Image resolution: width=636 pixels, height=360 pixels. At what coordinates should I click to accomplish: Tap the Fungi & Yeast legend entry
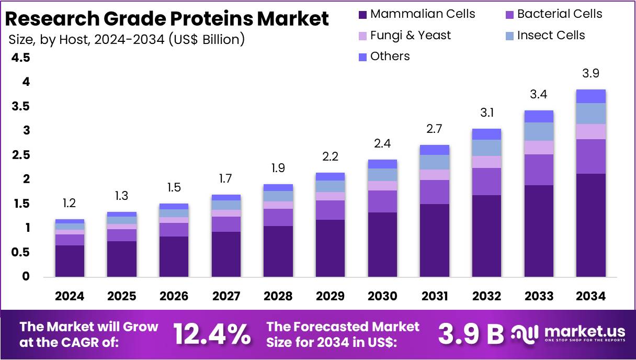[410, 36]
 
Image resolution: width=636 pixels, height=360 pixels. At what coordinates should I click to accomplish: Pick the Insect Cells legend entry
[551, 36]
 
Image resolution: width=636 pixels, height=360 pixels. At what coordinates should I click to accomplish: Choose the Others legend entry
[390, 57]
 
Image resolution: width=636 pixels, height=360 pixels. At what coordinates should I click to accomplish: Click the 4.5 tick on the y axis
[20, 58]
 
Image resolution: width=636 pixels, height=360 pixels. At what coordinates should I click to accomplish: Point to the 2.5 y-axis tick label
[20, 155]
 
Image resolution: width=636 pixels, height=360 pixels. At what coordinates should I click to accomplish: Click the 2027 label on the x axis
[226, 296]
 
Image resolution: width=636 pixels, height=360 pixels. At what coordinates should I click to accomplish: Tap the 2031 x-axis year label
[435, 296]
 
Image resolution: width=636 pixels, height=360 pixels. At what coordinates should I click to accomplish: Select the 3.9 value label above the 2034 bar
[590, 74]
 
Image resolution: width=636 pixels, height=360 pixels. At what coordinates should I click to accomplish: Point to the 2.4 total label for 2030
[382, 143]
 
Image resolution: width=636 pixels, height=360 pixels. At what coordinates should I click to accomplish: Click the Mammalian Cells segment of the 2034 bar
[590, 225]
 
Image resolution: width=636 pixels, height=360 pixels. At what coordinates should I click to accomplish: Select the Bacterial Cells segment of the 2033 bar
[539, 170]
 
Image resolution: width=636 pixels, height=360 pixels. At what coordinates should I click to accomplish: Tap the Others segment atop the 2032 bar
[486, 134]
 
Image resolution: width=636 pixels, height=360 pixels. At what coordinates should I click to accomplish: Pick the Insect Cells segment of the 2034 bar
[590, 114]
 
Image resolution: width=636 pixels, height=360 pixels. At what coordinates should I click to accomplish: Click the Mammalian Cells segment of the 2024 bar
[70, 261]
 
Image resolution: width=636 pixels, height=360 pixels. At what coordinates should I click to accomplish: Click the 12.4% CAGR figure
[212, 334]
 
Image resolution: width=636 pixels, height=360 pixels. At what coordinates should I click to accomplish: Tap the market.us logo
[569, 333]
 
